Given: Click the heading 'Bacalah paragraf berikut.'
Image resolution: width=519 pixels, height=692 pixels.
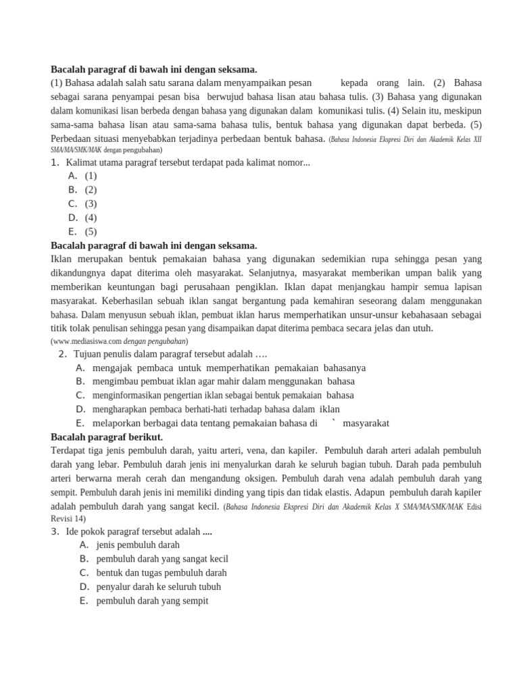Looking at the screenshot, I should [107, 437].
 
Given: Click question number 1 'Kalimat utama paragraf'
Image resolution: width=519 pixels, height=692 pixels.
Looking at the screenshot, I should [188, 162].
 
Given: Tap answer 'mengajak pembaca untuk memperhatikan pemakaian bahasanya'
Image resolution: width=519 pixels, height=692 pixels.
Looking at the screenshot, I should [229, 368].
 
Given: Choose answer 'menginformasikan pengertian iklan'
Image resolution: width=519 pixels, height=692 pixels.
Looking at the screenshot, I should [223, 395].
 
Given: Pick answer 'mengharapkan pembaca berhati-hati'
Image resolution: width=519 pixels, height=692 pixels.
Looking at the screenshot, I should [216, 409].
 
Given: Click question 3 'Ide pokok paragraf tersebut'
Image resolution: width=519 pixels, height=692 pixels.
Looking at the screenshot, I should [139, 531].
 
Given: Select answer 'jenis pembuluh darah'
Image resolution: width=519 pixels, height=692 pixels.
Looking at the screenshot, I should [138, 545].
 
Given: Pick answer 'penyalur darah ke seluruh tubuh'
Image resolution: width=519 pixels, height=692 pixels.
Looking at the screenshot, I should [159, 587].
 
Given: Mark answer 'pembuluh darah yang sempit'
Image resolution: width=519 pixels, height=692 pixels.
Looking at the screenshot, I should [152, 600].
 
